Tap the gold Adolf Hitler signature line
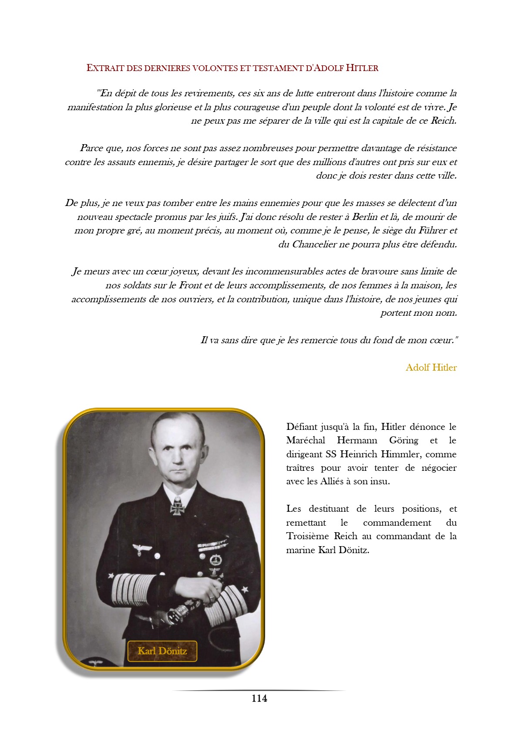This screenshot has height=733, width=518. [x=431, y=367]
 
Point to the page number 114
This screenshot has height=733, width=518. [x=259, y=698]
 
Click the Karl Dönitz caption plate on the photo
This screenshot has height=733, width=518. [x=162, y=651]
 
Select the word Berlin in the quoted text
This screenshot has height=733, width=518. [x=365, y=216]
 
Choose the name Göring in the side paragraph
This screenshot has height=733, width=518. [x=404, y=440]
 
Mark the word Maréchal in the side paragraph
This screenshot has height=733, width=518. [x=306, y=440]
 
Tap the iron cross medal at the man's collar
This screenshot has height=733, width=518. [x=178, y=507]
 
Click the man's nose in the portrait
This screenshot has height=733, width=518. [x=178, y=456]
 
